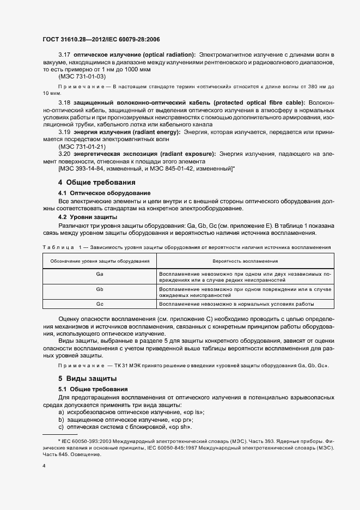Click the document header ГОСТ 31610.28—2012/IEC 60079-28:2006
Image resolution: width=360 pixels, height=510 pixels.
click(101, 40)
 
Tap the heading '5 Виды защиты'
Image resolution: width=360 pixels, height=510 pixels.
click(87, 378)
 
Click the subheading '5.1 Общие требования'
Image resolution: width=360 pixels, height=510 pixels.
click(93, 389)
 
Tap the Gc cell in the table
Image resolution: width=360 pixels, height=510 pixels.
click(100, 304)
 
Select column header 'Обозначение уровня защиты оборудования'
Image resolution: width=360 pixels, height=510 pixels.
click(100, 262)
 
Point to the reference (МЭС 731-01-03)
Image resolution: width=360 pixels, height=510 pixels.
click(82, 78)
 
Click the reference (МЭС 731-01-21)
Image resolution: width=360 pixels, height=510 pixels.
click(82, 147)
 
